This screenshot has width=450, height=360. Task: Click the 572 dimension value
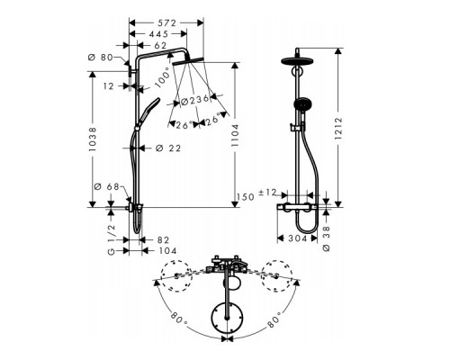click(x=166, y=23)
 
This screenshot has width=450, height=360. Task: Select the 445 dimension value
click(x=158, y=34)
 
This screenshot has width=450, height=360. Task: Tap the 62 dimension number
click(x=160, y=46)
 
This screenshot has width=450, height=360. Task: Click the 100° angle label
click(x=164, y=76)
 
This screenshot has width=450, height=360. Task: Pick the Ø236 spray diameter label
click(x=194, y=100)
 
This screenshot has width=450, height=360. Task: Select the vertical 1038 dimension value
click(x=93, y=139)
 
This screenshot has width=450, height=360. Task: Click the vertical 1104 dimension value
click(x=235, y=135)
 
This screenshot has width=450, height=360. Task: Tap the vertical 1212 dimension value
click(x=338, y=129)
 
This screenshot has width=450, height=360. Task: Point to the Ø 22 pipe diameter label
click(x=168, y=148)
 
